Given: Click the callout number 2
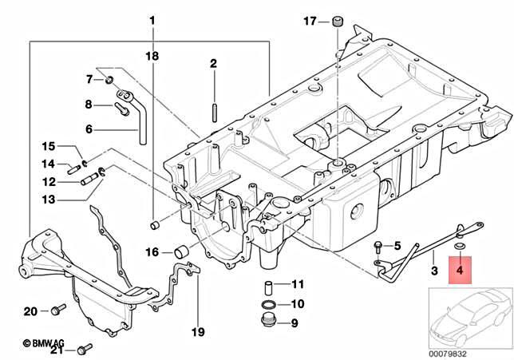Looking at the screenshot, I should point(214,63).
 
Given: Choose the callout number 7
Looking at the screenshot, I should point(89,79).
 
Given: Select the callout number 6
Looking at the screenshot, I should point(89,129).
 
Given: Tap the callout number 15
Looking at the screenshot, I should point(49,146).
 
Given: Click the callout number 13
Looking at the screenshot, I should point(49,199).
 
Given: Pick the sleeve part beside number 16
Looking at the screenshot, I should point(181,253).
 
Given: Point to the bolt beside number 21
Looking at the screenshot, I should point(86,347).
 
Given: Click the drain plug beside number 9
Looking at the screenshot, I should point(267,322).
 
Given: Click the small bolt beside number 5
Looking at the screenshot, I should point(377,245).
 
